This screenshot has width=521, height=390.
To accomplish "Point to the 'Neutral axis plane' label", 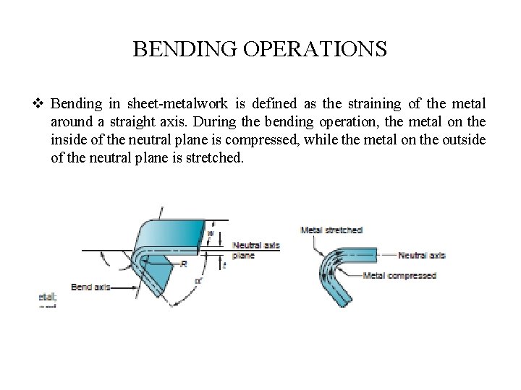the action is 255,250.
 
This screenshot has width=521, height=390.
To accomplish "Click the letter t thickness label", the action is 224,266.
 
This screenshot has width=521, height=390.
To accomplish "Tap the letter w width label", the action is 210,233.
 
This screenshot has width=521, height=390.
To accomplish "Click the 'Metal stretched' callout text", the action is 331,230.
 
